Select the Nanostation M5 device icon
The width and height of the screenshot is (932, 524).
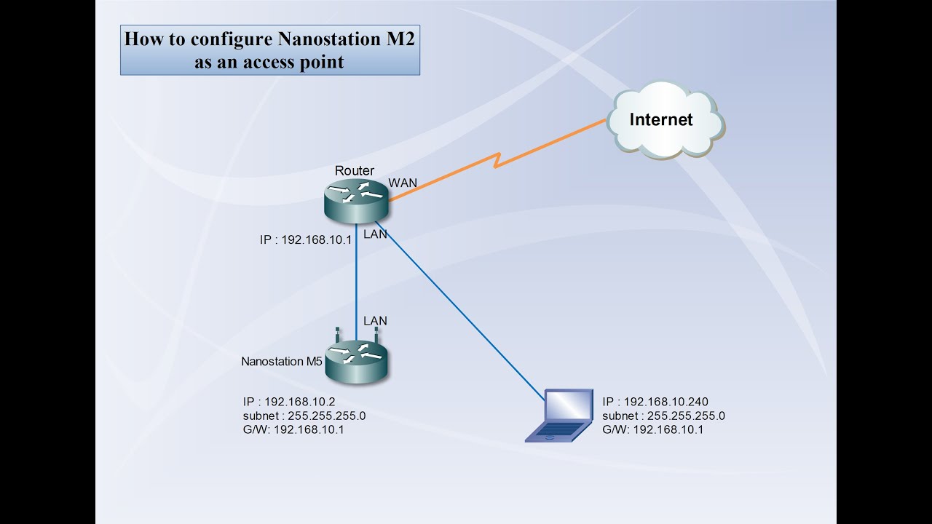pos(355,362)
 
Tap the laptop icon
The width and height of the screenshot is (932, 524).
pos(560,416)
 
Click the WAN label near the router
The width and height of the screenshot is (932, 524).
pos(403,182)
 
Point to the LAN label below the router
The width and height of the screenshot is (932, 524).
pos(375,234)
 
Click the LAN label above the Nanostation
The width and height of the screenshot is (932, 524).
pos(375,321)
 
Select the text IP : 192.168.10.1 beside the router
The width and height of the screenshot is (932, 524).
pos(306,239)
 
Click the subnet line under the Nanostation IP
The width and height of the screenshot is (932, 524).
pos(304,416)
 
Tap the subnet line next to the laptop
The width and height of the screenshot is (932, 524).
pos(663,416)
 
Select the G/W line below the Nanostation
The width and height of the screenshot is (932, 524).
pos(293,429)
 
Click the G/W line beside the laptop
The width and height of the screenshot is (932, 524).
pos(652,429)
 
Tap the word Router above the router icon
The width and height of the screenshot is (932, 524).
pos(355,171)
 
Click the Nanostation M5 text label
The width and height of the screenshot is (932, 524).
pos(282,361)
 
